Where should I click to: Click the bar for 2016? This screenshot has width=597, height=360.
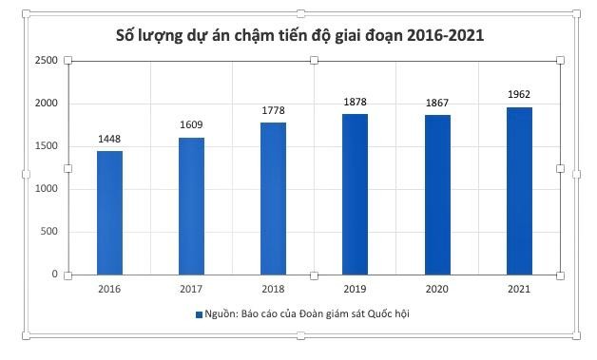tap(109, 213)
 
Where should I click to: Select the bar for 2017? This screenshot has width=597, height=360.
tap(191, 206)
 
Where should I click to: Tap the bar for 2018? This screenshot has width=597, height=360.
tap(273, 199)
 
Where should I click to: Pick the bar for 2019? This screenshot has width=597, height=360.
tap(355, 194)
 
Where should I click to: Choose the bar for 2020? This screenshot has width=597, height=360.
tap(437, 195)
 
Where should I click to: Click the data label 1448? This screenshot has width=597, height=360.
tap(109, 140)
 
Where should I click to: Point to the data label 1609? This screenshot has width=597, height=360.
tap(191, 125)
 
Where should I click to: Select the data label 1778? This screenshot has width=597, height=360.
tap(273, 111)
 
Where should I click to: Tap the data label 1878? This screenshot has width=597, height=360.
tap(355, 103)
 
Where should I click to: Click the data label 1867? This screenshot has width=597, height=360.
tap(437, 103)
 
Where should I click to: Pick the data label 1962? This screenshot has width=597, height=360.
tap(519, 94)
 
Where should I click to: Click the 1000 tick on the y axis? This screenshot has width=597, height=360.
tap(48, 189)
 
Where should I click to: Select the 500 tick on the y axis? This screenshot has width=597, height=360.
tap(50, 232)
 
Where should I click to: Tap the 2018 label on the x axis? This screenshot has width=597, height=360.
tap(273, 290)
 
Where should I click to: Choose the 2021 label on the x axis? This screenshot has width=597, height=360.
tap(519, 290)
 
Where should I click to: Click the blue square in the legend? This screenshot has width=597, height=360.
tap(200, 314)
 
